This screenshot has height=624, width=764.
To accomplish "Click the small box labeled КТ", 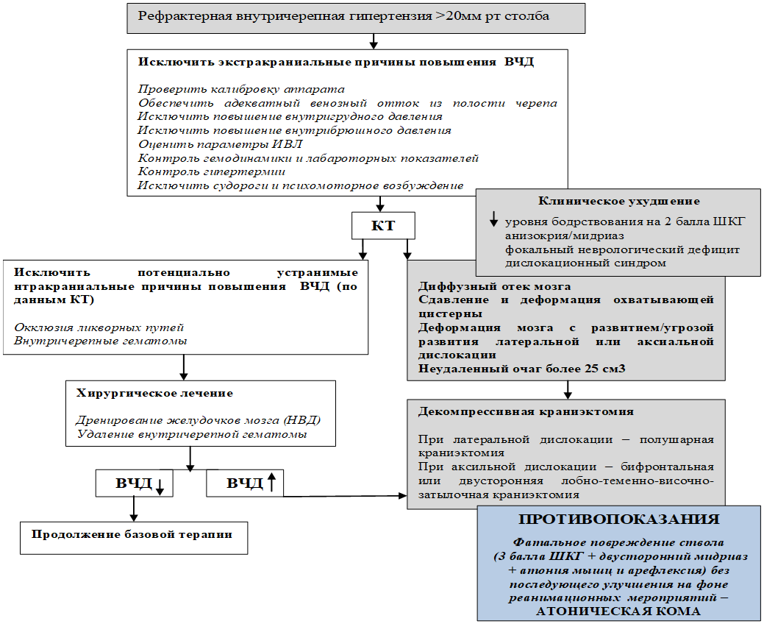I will [x=383, y=226].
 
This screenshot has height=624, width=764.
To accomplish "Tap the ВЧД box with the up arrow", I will [x=244, y=483].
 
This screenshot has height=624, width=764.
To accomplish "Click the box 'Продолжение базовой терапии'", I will [x=132, y=535].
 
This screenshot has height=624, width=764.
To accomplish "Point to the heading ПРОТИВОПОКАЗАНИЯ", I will [x=618, y=519].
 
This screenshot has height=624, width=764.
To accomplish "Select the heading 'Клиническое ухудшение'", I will [x=618, y=201].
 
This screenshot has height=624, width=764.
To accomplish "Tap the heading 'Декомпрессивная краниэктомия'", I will [x=526, y=411].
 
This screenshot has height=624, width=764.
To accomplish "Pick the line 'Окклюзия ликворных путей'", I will [x=99, y=327].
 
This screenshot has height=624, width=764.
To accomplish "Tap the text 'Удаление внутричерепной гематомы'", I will [x=191, y=434].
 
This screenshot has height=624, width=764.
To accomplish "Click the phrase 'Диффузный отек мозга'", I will [x=495, y=286].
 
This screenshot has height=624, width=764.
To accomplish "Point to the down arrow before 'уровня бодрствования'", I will [x=493, y=219].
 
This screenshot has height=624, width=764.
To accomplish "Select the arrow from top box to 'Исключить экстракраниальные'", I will [x=374, y=41].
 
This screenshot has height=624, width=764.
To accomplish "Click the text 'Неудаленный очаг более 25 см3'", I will [x=522, y=369].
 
